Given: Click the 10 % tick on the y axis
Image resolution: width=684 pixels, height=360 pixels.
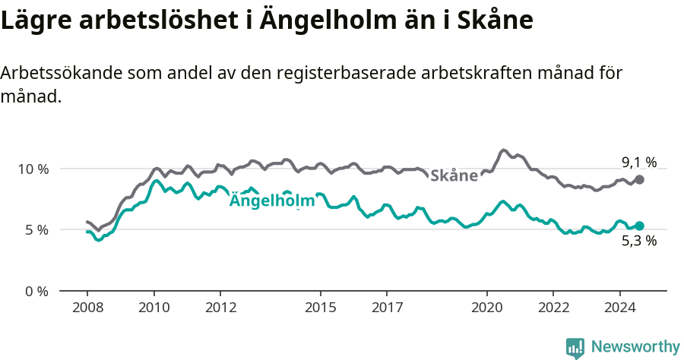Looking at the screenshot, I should (x=33, y=169).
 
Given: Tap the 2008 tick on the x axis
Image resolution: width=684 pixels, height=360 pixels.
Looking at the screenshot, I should (x=87, y=308).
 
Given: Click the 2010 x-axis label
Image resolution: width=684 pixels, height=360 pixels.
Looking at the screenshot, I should (x=154, y=308).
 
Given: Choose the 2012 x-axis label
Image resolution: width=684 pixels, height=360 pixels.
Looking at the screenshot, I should (x=220, y=308).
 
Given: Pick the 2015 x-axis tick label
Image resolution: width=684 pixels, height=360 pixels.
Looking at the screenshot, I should (x=320, y=308).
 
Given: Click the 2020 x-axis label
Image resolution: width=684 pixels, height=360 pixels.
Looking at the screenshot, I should (x=486, y=308).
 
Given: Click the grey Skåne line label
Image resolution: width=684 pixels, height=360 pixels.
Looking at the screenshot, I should (x=454, y=176).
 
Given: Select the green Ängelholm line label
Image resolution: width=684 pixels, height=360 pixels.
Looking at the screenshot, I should (x=271, y=201).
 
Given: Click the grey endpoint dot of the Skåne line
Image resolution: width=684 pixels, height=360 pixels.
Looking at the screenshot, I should (x=640, y=179).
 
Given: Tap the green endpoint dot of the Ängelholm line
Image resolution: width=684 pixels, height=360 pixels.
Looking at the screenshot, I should (x=640, y=226).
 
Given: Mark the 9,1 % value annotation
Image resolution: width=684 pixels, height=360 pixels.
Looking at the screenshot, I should (x=638, y=162).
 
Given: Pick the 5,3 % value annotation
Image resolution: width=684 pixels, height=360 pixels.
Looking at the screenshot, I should (x=638, y=242).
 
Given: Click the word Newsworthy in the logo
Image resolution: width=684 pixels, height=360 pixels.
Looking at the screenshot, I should (x=635, y=347).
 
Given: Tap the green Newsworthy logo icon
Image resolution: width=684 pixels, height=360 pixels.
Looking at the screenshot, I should (x=575, y=348).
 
